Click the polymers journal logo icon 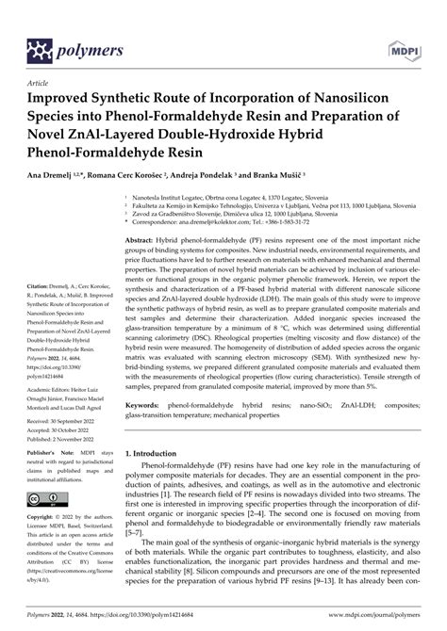(x=41, y=48)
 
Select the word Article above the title (x=41, y=82)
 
